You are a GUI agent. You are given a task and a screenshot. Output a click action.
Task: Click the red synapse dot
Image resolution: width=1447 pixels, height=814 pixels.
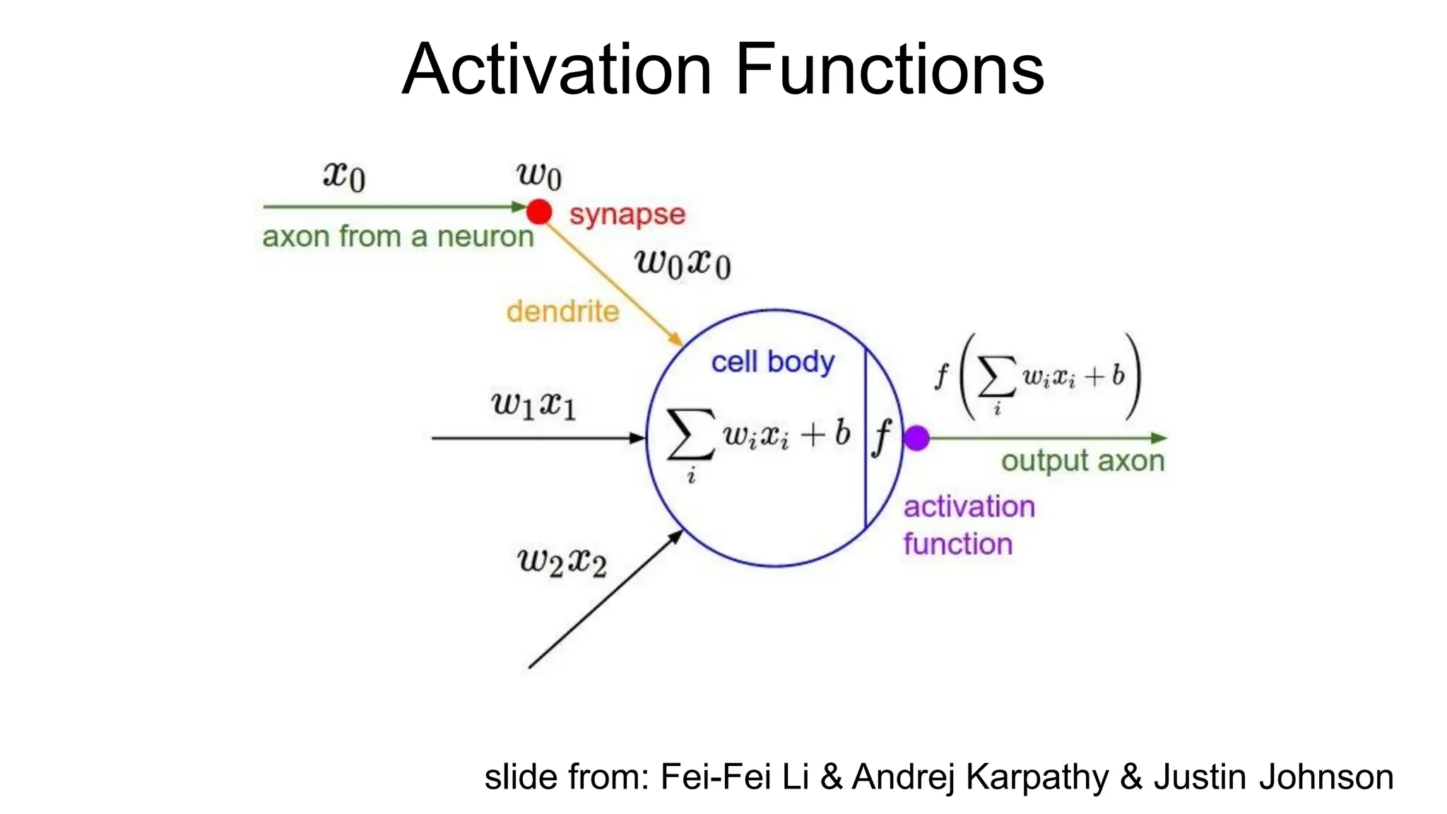539,211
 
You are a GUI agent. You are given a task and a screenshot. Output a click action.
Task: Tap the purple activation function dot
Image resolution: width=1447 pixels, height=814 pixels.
916,438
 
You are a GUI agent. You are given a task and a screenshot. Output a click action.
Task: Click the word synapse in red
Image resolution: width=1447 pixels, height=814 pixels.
627,214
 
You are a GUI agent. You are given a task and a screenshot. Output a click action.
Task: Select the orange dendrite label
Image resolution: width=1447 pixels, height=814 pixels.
562,312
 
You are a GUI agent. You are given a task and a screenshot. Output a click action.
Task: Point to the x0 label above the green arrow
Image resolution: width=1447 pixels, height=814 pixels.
344,175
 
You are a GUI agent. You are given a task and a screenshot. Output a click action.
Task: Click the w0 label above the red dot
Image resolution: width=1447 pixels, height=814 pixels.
539,175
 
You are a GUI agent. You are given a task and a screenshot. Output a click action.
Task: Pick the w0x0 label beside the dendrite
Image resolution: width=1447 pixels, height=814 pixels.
683,264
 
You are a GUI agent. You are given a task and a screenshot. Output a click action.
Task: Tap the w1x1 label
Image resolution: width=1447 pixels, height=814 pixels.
533,405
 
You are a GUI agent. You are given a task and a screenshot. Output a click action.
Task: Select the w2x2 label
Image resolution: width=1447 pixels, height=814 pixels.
562,562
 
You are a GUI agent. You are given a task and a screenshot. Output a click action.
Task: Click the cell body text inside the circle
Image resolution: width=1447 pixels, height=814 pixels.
772,362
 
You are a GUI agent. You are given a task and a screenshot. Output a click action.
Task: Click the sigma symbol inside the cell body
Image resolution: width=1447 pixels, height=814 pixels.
690,435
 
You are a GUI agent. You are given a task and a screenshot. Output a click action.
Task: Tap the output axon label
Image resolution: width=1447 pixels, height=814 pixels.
1082,461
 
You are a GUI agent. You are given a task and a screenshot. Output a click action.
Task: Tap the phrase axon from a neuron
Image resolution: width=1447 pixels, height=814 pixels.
398,237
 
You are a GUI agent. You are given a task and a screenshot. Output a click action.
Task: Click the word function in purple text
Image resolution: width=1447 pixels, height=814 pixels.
957,544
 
